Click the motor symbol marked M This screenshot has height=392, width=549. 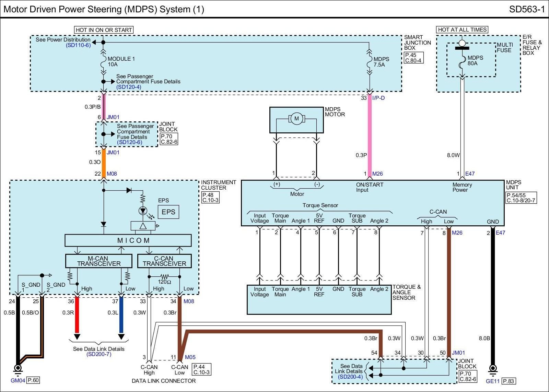296,119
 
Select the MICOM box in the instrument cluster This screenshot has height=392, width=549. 128,240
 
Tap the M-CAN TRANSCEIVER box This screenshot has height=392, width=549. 99,261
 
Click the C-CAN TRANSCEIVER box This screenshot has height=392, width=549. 164,261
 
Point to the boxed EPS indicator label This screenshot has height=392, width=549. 168,212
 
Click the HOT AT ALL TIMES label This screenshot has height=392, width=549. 462,29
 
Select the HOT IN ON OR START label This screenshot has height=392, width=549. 104,30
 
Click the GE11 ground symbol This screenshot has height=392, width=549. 493,370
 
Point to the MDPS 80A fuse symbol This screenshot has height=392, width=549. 462,62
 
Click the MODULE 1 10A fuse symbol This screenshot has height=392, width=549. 103,62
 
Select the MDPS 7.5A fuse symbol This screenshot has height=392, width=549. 369,62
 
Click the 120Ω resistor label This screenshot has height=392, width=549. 164,282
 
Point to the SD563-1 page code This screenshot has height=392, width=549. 527,9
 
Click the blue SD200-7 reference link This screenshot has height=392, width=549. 99,354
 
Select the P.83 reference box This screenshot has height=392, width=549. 509,381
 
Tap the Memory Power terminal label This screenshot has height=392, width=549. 462,187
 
